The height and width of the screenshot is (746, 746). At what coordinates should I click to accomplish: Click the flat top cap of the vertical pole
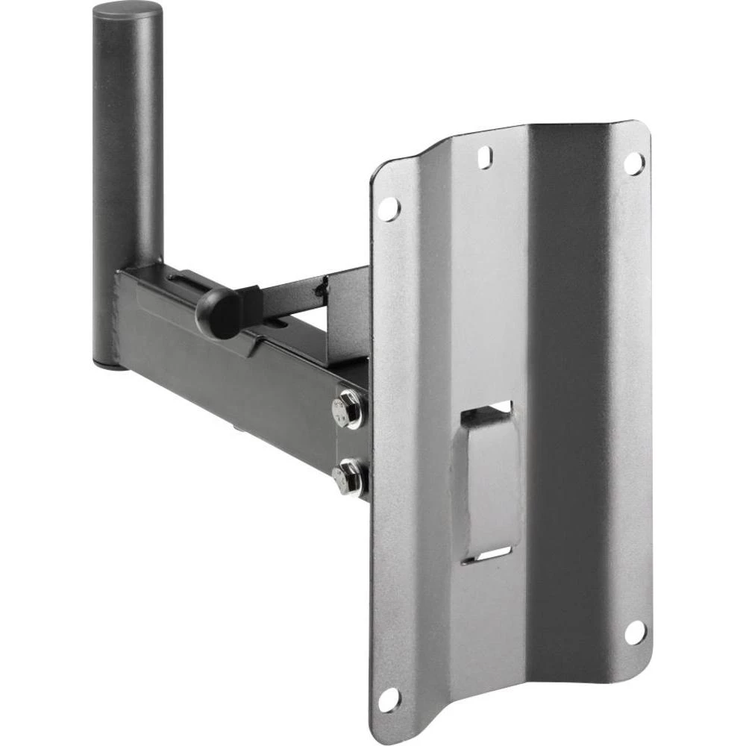(127, 10)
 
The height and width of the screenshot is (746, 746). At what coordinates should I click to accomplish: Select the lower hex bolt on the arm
(348, 477)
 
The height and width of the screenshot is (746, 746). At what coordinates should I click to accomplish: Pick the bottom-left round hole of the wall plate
(388, 700)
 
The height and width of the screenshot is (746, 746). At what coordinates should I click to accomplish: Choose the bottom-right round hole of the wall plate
(634, 632)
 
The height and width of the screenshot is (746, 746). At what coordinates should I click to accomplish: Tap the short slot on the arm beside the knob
(280, 323)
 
